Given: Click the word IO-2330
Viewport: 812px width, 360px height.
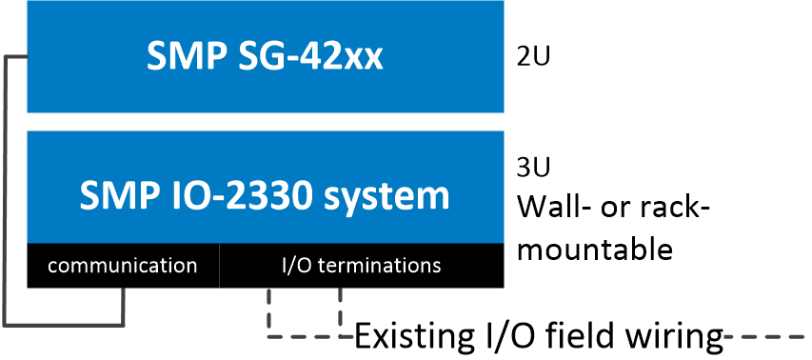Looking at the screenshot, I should (x=251, y=195).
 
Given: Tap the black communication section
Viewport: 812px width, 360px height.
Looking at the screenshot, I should (x=122, y=265).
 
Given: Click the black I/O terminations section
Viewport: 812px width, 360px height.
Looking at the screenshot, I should (x=362, y=265).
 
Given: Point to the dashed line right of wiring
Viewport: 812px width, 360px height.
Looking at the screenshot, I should (x=766, y=336).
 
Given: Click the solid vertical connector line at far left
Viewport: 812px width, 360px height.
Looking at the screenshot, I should (x=7, y=190).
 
